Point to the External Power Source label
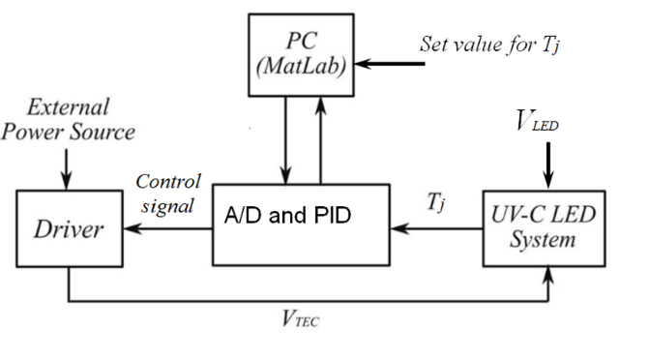pos(68,118)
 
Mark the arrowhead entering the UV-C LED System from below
pos(549,276)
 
